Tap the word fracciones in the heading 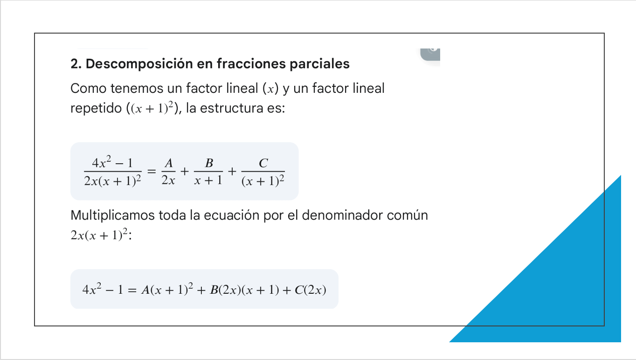(x=251, y=63)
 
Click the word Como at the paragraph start (x=88, y=88)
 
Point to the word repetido (x=96, y=109)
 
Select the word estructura (x=231, y=108)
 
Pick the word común (x=408, y=215)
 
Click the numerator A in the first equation (x=169, y=163)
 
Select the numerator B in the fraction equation (x=209, y=163)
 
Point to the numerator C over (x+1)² (x=263, y=163)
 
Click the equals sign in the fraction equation (x=152, y=171)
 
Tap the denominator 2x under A (x=168, y=180)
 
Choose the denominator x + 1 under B (x=208, y=180)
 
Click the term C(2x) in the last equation (x=311, y=290)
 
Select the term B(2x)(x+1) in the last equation (x=244, y=290)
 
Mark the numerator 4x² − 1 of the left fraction (x=112, y=162)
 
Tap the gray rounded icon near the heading (x=430, y=54)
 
